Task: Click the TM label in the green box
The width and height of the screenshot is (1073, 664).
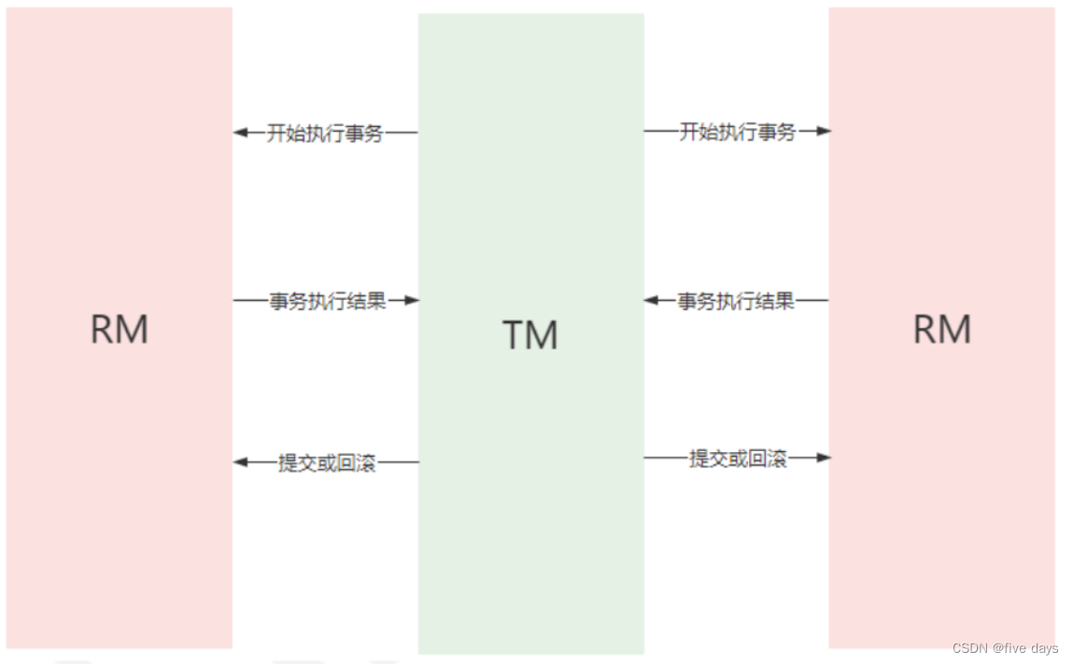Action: (530, 334)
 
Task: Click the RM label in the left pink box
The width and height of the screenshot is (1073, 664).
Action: (119, 329)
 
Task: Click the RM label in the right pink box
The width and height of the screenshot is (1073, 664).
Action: (941, 329)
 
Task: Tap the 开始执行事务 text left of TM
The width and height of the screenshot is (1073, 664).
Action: (325, 133)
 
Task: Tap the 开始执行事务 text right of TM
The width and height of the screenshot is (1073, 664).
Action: (737, 132)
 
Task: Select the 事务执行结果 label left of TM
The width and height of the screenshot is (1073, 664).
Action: (328, 301)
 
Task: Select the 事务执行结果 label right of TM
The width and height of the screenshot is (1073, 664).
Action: (736, 301)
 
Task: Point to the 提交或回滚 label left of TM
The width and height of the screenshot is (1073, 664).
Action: (327, 462)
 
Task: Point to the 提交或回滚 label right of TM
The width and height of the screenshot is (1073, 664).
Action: (738, 458)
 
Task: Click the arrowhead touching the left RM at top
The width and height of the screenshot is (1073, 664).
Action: (240, 133)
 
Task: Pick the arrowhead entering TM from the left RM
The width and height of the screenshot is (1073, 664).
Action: (411, 301)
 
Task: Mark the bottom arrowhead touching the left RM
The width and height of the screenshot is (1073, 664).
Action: (240, 461)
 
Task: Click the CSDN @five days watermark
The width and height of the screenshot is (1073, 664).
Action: (1005, 648)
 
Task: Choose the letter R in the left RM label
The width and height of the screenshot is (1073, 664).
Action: (102, 329)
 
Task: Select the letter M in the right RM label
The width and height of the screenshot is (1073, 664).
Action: (956, 329)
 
